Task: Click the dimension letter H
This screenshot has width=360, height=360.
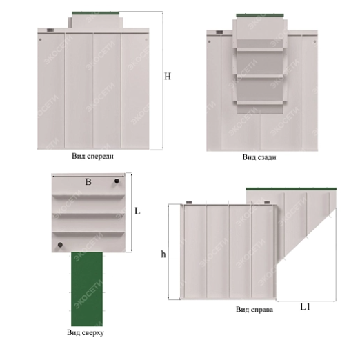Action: (x=168, y=77)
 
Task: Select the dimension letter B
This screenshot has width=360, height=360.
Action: (x=88, y=182)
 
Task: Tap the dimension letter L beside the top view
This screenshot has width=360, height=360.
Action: (x=137, y=211)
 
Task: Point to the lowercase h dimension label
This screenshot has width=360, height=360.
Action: (x=163, y=254)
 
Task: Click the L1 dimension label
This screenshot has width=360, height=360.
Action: (x=306, y=307)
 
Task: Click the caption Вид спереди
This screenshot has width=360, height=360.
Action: (x=92, y=157)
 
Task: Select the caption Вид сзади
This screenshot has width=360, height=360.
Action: (x=259, y=157)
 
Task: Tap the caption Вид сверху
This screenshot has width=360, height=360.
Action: (x=86, y=333)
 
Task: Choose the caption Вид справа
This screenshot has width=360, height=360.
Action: (x=254, y=310)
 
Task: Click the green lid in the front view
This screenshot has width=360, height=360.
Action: (x=95, y=13)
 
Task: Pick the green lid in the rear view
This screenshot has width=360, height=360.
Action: (x=260, y=15)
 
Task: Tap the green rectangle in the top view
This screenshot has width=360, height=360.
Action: (x=87, y=289)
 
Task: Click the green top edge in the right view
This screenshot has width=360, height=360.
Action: (x=291, y=189)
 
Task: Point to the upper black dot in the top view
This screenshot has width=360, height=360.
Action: (x=117, y=181)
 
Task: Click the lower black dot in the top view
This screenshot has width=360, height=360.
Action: (x=60, y=245)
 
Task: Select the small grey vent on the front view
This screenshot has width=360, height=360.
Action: (x=50, y=30)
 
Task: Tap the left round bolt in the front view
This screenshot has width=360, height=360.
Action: (x=40, y=39)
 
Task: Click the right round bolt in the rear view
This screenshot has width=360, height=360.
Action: (x=314, y=41)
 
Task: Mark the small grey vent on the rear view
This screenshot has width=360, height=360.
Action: (x=219, y=32)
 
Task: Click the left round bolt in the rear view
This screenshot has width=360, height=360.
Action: (x=209, y=41)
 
